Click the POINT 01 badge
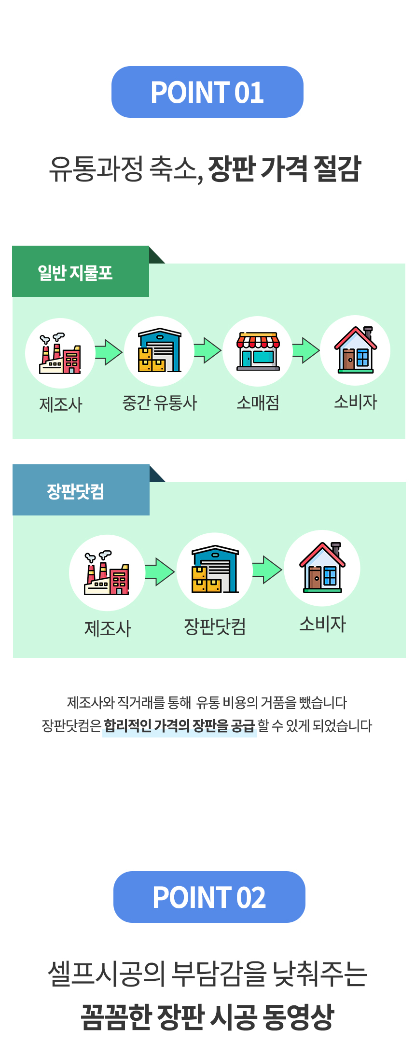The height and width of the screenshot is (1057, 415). (x=207, y=92)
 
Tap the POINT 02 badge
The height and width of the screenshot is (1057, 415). (x=209, y=897)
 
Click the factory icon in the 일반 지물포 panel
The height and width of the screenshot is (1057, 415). (x=60, y=353)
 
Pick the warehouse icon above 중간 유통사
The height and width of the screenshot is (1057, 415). (x=159, y=351)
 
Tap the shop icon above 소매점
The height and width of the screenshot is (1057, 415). (x=258, y=351)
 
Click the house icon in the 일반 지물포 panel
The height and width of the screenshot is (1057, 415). (x=356, y=350)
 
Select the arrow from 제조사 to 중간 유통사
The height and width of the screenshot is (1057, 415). (x=109, y=352)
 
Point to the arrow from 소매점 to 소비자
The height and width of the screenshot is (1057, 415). (x=306, y=350)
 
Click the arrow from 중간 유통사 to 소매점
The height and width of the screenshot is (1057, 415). (x=207, y=350)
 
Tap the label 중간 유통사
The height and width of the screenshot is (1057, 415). (x=160, y=403)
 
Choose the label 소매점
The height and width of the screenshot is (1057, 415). (x=258, y=403)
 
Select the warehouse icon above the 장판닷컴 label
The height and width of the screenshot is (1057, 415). (x=214, y=570)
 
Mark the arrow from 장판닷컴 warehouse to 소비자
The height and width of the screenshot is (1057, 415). (x=267, y=570)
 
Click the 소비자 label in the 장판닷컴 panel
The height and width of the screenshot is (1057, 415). (x=322, y=624)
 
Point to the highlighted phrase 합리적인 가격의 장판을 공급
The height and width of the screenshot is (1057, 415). (x=179, y=725)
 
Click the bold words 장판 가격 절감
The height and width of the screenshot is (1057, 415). (x=284, y=169)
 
